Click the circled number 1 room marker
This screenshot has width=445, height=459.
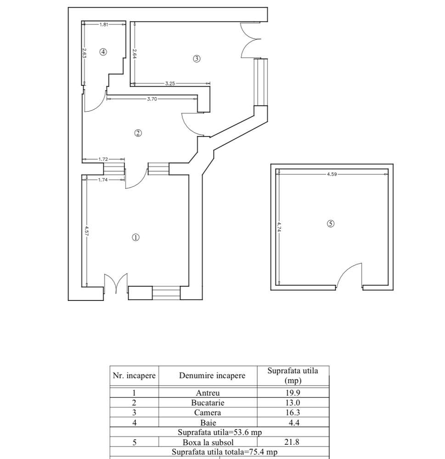135,238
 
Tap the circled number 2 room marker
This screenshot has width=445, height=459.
138,133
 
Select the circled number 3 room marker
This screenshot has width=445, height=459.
196,58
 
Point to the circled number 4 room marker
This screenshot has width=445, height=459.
103,52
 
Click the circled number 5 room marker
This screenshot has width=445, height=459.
331,224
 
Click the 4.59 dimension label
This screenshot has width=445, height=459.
332,174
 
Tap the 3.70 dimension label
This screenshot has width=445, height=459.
152,98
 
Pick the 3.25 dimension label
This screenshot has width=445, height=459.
170,84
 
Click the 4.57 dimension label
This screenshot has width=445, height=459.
86,231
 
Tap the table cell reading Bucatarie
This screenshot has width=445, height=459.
208,402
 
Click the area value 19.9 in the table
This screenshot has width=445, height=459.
293,393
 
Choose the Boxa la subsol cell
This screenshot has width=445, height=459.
208,442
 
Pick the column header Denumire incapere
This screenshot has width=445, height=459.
212,375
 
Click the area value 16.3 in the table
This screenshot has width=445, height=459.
293,413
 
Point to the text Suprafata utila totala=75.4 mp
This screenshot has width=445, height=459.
225,452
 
